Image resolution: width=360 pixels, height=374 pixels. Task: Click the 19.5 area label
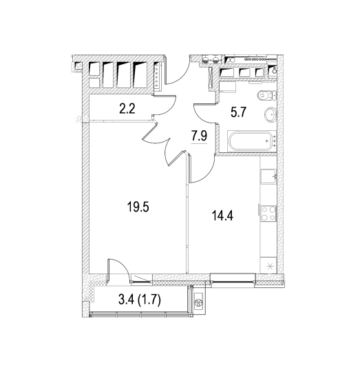click(138, 207)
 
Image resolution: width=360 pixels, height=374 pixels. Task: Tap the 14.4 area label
click(222, 216)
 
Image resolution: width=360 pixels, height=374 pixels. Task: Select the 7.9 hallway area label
click(200, 136)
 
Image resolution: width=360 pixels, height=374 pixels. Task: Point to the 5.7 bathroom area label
click(238, 112)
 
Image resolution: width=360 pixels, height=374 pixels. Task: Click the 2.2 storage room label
click(127, 109)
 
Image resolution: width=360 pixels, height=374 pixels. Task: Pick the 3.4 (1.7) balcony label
click(140, 300)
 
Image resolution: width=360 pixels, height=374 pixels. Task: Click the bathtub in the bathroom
click(252, 141)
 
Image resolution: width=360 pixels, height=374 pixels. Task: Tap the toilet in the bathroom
click(266, 96)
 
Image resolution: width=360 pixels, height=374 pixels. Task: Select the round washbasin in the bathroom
click(270, 114)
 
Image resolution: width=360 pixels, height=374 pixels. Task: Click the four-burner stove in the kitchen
click(268, 214)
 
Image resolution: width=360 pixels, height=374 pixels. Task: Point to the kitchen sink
click(268, 176)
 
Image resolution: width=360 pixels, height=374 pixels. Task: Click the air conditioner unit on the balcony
click(198, 302)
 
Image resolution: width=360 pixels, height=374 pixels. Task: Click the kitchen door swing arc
click(207, 173)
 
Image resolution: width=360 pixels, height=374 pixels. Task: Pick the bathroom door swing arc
click(200, 115)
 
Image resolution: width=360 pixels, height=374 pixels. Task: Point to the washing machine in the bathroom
click(227, 87)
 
